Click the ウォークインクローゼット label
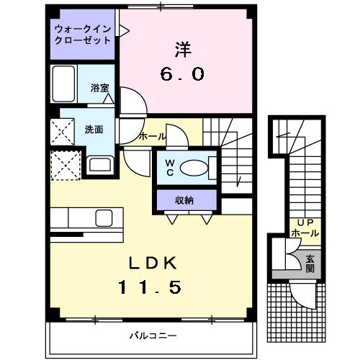pos(83,35)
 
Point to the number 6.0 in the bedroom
pos(182,73)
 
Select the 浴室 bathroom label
pos(99,87)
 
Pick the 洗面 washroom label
pos(93,130)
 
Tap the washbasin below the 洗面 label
pos(99,164)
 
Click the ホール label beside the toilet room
pos(152,136)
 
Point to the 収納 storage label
pos(184,200)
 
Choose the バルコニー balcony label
pos(153,336)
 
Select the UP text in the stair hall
pos(304,223)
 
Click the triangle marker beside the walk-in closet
pos(123,31)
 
